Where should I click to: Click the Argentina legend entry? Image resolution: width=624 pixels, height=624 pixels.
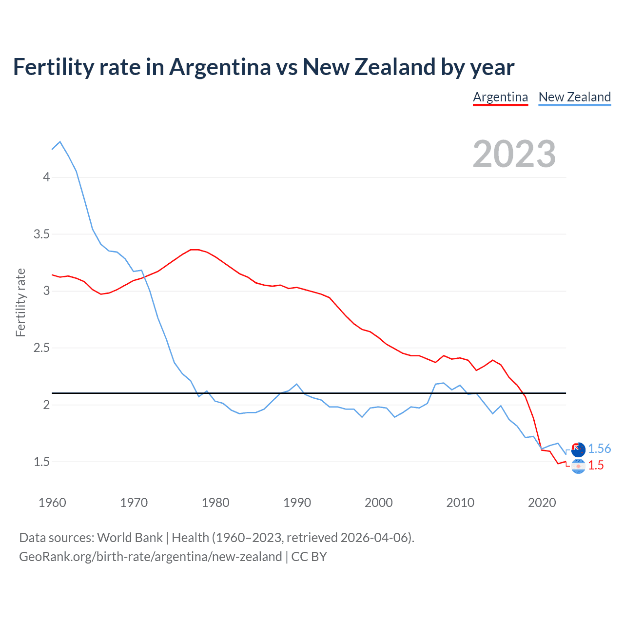tap(500, 97)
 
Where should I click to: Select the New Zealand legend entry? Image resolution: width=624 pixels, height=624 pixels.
tap(574, 97)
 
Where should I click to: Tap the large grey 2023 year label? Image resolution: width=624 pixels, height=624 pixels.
tap(514, 154)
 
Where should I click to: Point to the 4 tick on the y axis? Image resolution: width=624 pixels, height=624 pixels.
tap(46, 177)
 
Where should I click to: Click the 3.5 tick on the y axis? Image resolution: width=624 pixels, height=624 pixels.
tap(42, 234)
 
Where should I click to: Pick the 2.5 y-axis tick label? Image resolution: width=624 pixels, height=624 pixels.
tap(42, 348)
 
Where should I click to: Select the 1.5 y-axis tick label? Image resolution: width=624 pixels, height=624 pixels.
tap(42, 462)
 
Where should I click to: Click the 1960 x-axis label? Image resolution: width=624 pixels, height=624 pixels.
tap(52, 503)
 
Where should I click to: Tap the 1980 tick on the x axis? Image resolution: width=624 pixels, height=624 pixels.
tap(215, 503)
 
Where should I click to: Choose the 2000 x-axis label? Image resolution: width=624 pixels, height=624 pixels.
tap(378, 503)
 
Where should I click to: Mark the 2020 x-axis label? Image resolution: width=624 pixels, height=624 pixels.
tap(542, 503)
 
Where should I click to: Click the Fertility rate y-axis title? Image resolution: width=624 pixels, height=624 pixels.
tap(20, 302)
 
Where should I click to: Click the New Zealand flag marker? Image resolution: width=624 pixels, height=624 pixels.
tap(578, 449)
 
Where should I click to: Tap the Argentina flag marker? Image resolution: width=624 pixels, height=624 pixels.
tap(578, 467)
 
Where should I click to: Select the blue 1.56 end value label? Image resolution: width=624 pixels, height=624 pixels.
tap(599, 449)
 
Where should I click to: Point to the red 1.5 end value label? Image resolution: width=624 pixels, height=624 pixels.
tap(596, 466)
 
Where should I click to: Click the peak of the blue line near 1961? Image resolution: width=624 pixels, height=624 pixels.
tap(60, 142)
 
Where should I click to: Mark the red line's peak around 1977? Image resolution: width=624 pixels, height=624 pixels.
tap(194, 250)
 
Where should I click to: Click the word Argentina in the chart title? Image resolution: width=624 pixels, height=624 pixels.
tap(220, 67)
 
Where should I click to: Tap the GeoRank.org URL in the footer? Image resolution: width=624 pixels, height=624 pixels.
tap(150, 557)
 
